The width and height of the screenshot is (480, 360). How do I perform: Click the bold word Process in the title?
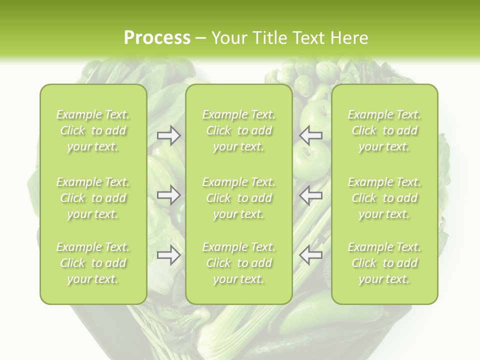[x=157, y=38]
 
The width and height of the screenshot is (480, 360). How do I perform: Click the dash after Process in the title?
[x=201, y=38]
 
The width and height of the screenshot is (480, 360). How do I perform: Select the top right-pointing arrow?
[x=168, y=135]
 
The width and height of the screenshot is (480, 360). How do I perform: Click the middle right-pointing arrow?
[x=168, y=195]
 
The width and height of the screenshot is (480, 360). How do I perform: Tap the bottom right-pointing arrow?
[x=168, y=255]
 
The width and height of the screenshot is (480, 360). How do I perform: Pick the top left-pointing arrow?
[x=311, y=135]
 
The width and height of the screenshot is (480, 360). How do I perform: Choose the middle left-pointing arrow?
[x=311, y=195]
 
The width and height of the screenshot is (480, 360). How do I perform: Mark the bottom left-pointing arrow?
[x=311, y=255]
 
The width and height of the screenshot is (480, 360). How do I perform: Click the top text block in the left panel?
[x=93, y=130]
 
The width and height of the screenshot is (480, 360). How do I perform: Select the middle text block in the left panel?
[x=93, y=198]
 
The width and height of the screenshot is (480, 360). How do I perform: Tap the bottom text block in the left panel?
[x=93, y=263]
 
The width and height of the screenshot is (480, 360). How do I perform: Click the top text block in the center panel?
[x=239, y=130]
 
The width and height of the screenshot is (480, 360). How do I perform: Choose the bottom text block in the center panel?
[x=239, y=263]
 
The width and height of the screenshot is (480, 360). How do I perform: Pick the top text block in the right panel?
[x=384, y=130]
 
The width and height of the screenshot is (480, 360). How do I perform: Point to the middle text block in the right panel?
[x=384, y=198]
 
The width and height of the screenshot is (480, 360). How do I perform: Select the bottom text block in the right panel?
[x=384, y=263]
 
